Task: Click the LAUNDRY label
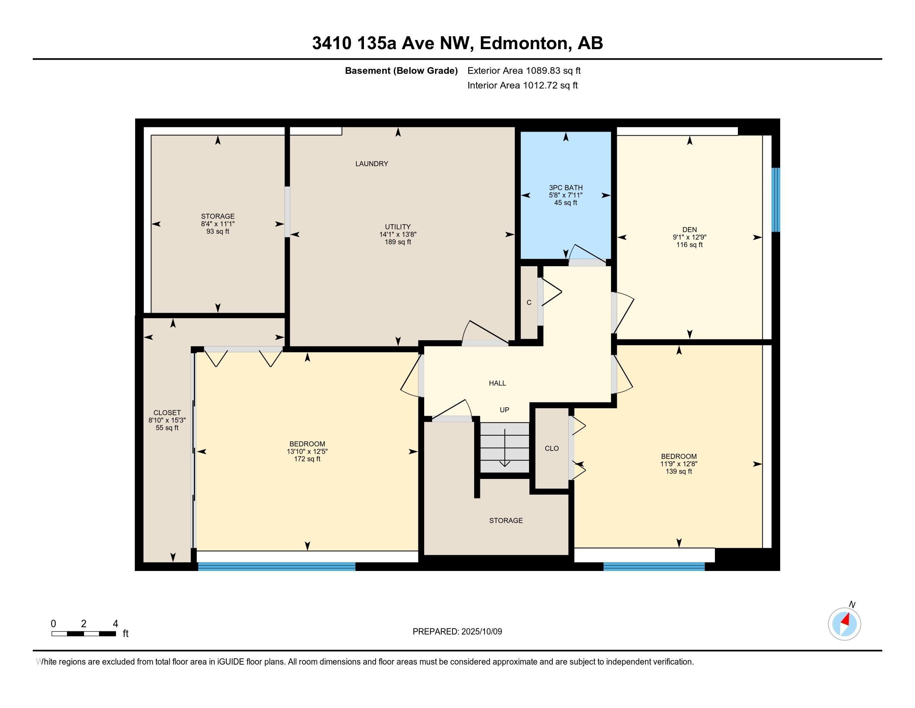point(371,164)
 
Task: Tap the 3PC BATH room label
point(566,187)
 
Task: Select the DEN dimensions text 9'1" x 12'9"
point(689,237)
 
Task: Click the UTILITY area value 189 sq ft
point(398,242)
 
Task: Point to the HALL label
point(497,383)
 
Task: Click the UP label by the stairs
point(504,410)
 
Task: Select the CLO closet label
point(551,449)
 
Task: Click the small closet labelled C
point(529,302)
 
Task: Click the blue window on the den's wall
point(776,199)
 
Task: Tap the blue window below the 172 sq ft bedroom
point(277,566)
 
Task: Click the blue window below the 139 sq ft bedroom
point(653,566)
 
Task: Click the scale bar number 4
point(115,624)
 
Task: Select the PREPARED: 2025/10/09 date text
point(457,632)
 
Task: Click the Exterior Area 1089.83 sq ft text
point(524,71)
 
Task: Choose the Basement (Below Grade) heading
point(401,71)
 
